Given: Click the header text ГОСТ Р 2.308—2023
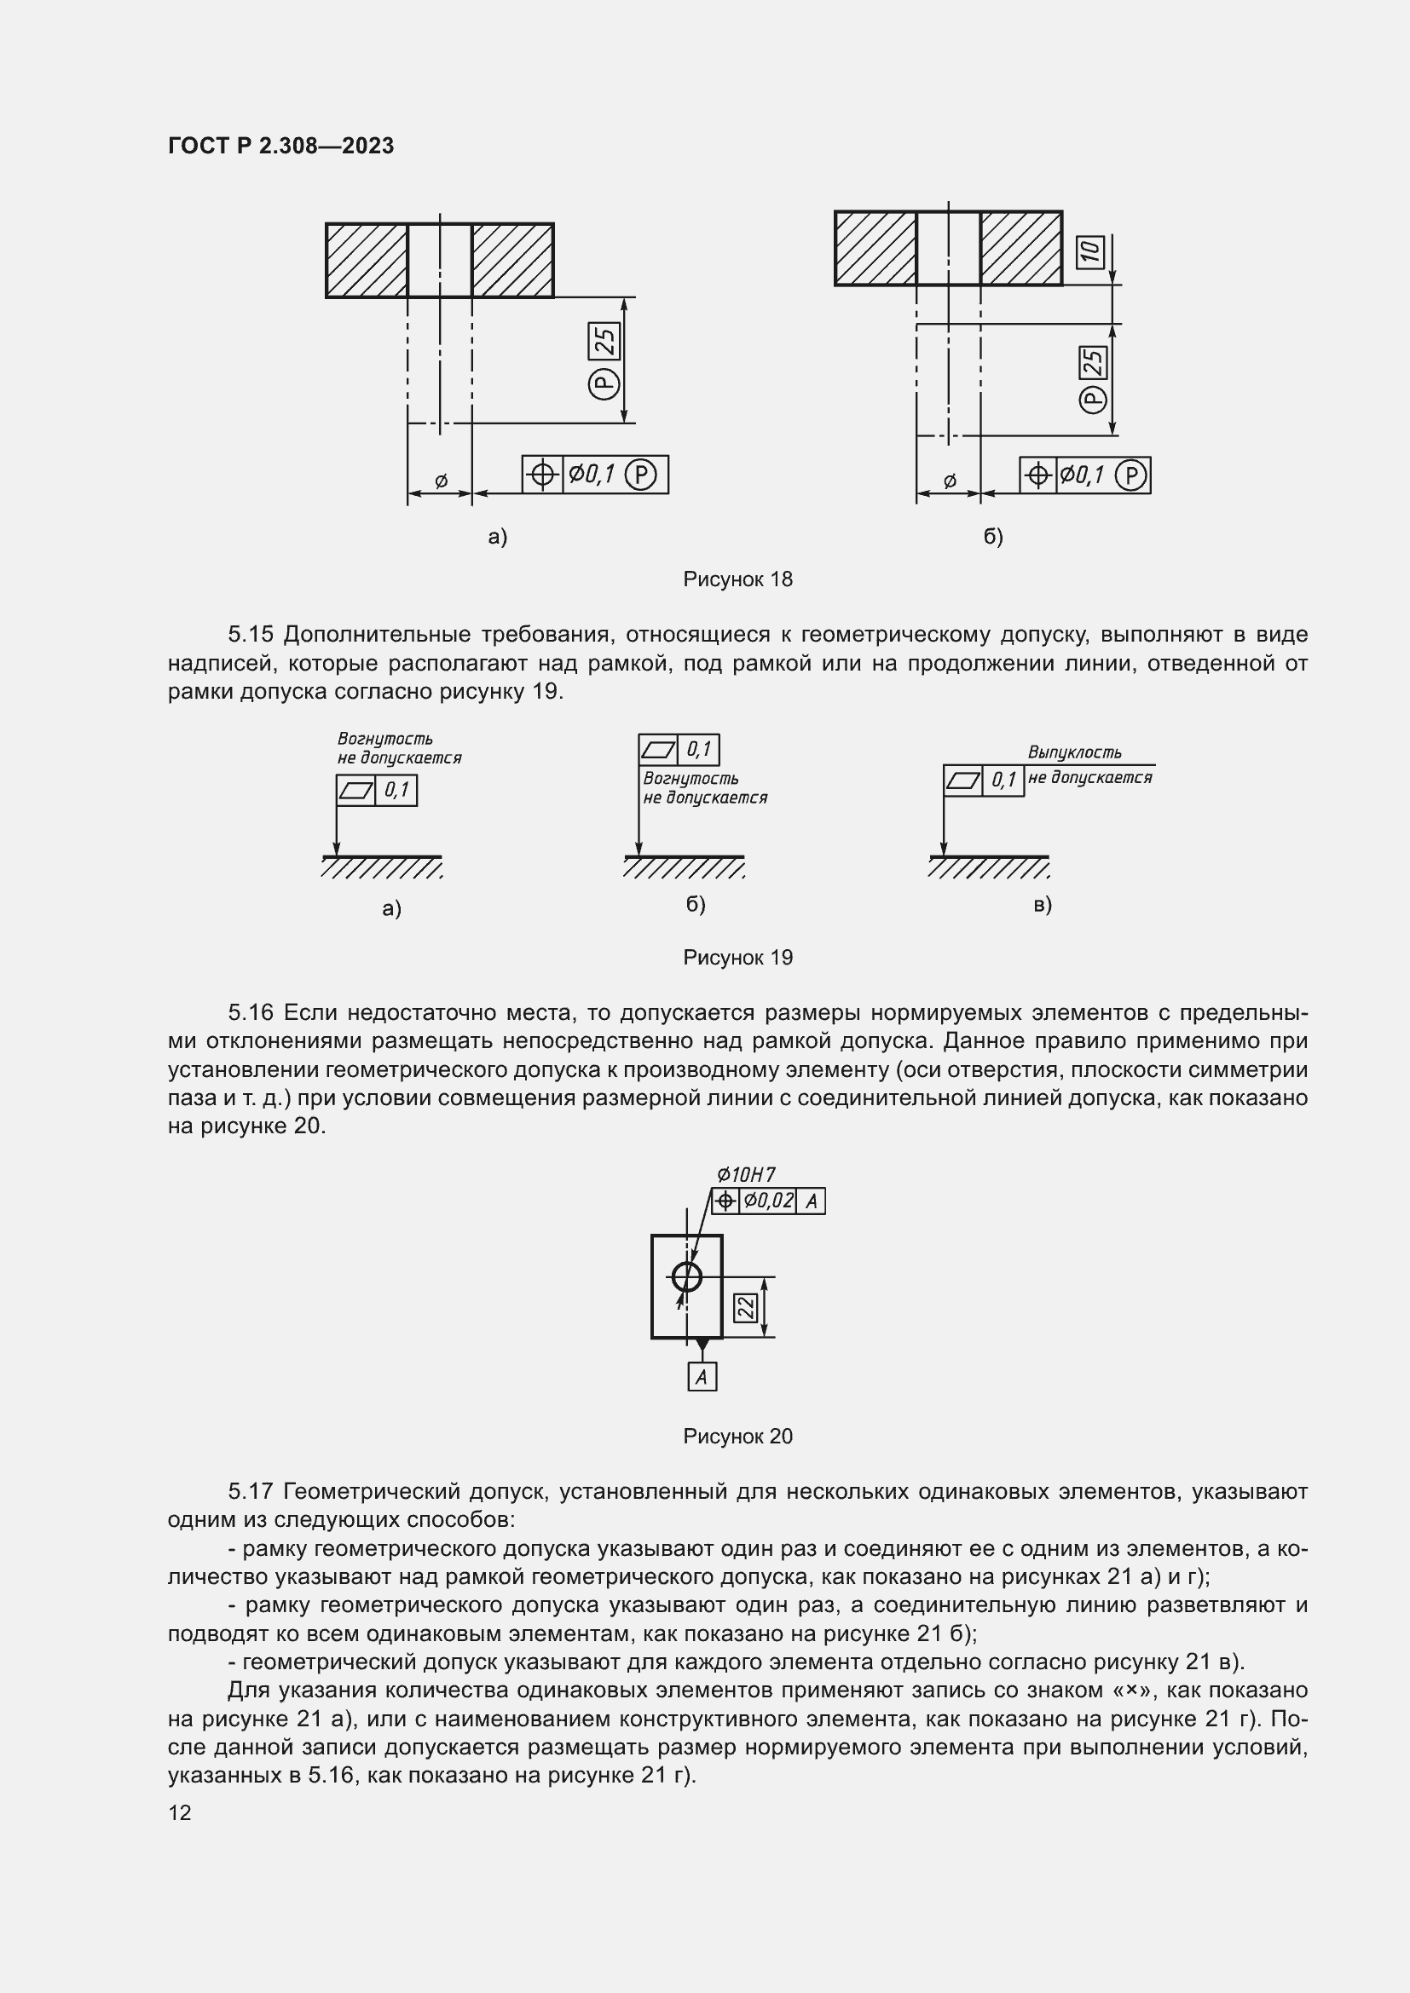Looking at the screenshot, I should [280, 146].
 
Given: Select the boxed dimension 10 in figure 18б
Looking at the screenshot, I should [1090, 251].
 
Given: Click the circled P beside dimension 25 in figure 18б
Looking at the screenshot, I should [1093, 399].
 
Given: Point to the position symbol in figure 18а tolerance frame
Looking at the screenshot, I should [543, 474].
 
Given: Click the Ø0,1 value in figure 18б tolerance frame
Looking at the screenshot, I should [1082, 475].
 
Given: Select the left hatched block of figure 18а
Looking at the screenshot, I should [367, 261].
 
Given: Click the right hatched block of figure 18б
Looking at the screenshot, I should [1021, 248].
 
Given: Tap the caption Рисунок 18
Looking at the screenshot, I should [737, 579].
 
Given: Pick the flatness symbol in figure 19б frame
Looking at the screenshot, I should [658, 749].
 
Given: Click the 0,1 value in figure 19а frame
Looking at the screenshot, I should [396, 790].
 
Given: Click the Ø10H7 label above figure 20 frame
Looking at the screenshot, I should [746, 1174].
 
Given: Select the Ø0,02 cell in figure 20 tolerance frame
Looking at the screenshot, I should [767, 1201].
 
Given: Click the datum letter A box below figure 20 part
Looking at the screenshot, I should [702, 1377].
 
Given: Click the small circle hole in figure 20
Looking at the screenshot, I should [687, 1276].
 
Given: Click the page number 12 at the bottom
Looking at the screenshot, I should [180, 1812].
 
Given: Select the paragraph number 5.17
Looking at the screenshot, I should [251, 1491].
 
